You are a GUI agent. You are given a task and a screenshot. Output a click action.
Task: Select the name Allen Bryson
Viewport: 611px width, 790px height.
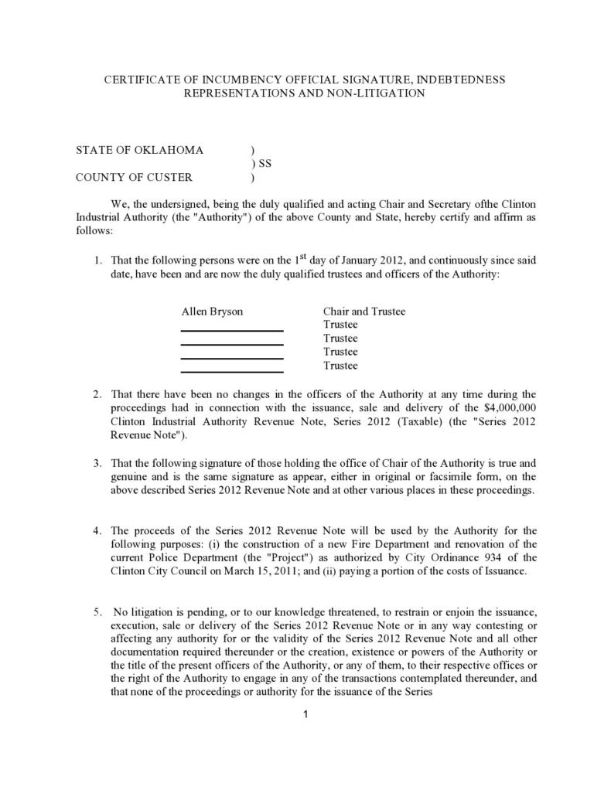click(212, 312)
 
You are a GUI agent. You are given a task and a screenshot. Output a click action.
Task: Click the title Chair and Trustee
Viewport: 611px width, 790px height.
click(364, 312)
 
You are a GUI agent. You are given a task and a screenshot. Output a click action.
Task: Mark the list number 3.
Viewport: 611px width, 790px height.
click(97, 463)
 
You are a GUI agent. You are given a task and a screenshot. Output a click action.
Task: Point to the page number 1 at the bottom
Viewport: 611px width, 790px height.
click(305, 713)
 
